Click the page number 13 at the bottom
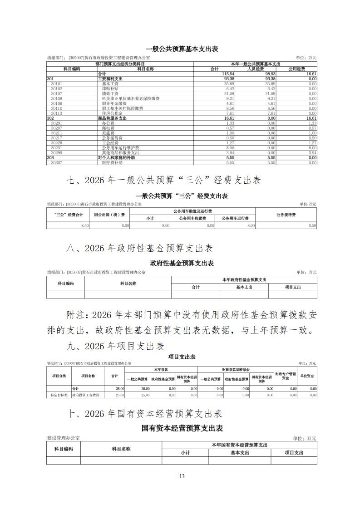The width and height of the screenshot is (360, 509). click(x=182, y=476)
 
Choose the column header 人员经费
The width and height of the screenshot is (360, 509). click(x=256, y=69)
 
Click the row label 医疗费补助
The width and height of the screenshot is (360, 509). click(x=111, y=162)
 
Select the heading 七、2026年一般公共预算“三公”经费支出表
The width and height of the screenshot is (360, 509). click(x=163, y=181)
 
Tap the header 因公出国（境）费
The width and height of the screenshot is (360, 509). click(x=109, y=215)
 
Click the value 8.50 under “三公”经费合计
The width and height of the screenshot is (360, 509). click(x=84, y=225)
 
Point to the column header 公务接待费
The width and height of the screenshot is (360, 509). click(x=286, y=215)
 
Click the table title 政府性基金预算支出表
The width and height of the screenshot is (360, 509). click(x=182, y=263)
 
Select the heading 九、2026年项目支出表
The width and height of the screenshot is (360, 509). click(x=115, y=346)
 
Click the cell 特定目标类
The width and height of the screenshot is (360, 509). click(x=59, y=395)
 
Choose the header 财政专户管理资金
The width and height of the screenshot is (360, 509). click(x=285, y=376)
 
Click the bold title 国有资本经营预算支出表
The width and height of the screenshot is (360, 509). click(x=182, y=428)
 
